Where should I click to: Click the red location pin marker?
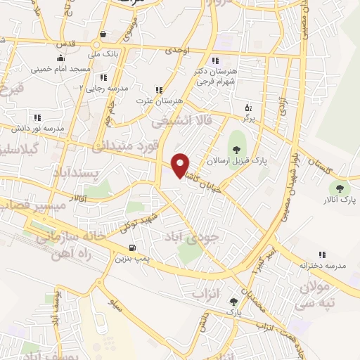point(181,165)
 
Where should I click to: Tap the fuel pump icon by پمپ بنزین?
point(132,247)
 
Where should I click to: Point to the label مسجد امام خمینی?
point(59,70)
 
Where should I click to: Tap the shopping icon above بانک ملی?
point(103,34)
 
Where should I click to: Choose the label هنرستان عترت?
point(159,101)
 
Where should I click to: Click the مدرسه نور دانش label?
point(37,129)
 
